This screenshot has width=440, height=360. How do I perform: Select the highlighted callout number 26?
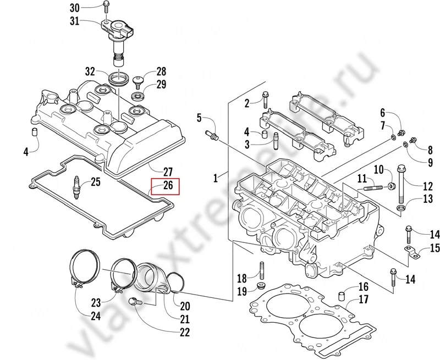[168, 186]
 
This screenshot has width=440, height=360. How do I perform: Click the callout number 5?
[200, 118]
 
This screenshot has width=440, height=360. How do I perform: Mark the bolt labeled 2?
[266, 99]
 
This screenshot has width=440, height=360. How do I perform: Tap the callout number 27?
[168, 171]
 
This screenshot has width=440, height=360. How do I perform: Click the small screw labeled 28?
[139, 81]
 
